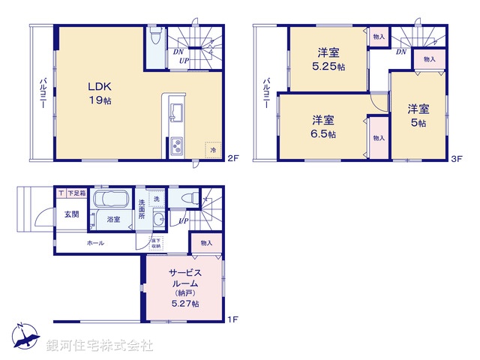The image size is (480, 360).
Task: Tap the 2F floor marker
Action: pos(233,158)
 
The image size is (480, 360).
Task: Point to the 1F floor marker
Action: pos(232,320)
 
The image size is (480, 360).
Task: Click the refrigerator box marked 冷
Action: pos(213,148)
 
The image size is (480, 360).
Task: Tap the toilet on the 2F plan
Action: pos(155,36)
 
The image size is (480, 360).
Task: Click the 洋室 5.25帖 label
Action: pos(328,58)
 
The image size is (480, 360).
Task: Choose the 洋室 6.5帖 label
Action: pos(324,126)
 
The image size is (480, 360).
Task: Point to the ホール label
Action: pos(95,243)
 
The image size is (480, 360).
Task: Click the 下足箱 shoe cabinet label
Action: pos(76,193)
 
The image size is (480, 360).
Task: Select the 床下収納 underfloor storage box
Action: pos(156,242)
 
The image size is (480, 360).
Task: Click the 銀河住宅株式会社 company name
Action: pos(100,346)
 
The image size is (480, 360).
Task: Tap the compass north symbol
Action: pos(25,337)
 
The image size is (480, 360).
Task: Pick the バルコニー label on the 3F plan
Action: pos(265,94)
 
